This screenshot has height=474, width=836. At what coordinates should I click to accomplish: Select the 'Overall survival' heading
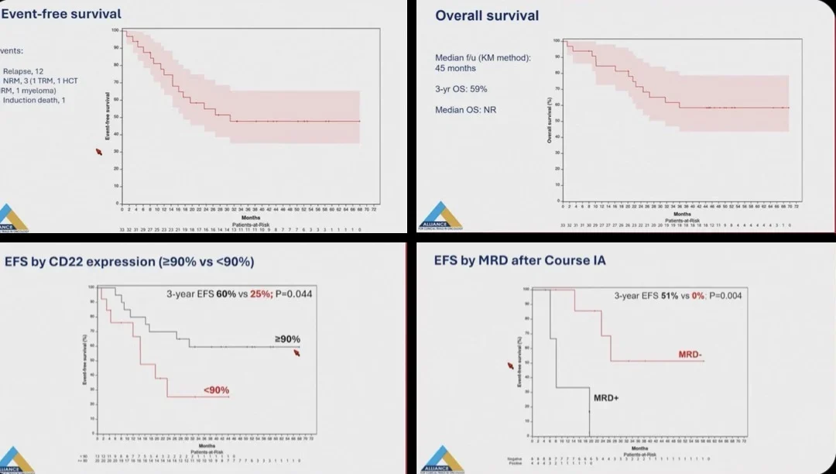click(x=487, y=15)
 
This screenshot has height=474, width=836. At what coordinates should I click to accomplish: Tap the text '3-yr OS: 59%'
click(x=461, y=89)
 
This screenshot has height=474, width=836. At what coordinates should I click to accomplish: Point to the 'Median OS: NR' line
click(x=465, y=109)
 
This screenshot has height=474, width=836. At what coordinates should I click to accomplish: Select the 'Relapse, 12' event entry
click(x=23, y=70)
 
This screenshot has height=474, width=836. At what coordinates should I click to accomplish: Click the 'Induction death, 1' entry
click(x=34, y=100)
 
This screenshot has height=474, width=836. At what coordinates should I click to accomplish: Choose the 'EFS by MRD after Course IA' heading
click(x=520, y=261)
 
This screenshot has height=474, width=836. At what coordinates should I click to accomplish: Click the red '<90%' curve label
click(x=216, y=390)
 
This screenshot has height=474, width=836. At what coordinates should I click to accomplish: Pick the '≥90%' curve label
click(x=287, y=339)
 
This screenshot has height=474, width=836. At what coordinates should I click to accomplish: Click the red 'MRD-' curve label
click(x=690, y=354)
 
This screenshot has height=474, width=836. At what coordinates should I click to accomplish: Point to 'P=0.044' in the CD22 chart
click(x=291, y=294)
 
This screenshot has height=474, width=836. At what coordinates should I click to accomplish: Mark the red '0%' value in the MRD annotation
click(x=691, y=295)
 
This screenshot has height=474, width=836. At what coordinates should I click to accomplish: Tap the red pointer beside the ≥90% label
click(x=297, y=353)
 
